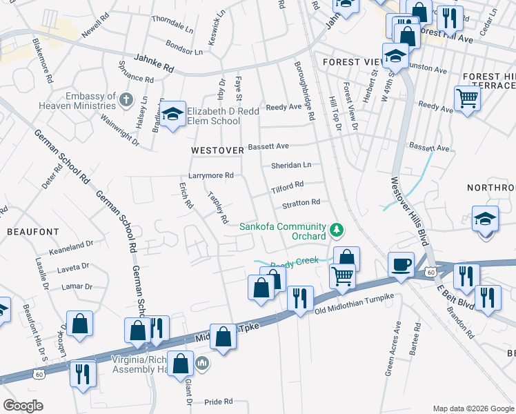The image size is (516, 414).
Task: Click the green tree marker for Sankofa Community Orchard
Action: pos(337,228)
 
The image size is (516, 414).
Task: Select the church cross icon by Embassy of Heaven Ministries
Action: pos(126,101)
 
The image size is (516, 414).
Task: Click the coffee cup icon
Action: pos(401,264)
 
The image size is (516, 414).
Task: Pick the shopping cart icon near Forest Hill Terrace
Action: pos(467,99)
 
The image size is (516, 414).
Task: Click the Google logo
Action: pos(23,406)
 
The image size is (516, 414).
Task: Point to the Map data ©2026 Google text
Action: pos(473,408)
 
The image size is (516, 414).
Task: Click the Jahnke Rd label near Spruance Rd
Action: pos(155,65)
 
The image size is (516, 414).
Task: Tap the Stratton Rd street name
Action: pos(301,203)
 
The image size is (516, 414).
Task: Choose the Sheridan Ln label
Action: pos(291,165)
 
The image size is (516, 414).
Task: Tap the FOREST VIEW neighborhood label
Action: pos(353,62)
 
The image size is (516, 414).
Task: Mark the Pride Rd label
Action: pos(219,402)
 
